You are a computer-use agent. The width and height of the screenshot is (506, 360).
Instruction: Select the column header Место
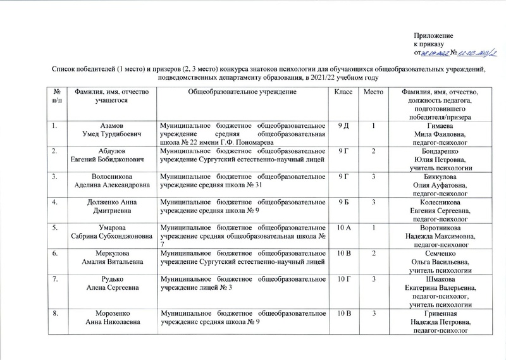coord(373,94)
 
